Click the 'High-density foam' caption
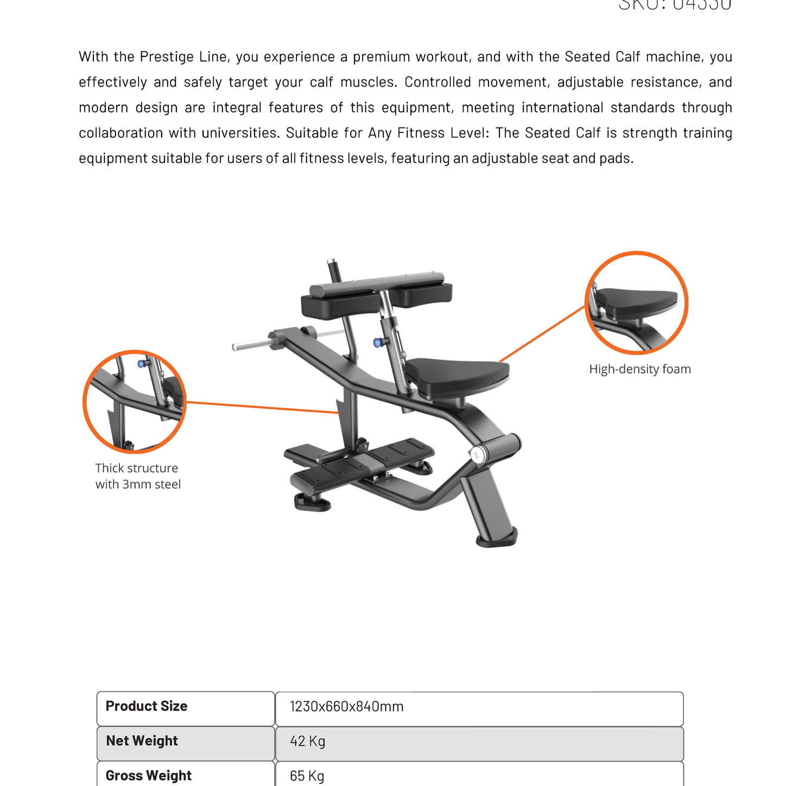click(640, 369)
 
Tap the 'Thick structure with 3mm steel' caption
click(138, 476)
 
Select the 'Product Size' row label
click(147, 706)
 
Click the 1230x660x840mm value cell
click(347, 707)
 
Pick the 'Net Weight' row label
click(142, 741)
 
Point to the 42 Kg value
click(307, 741)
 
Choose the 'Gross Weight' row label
click(148, 776)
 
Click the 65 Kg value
click(307, 776)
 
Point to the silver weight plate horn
click(250, 344)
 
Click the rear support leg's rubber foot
click(497, 539)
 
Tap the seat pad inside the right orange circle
click(638, 301)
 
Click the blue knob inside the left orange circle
click(142, 363)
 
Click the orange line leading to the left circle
click(261, 407)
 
